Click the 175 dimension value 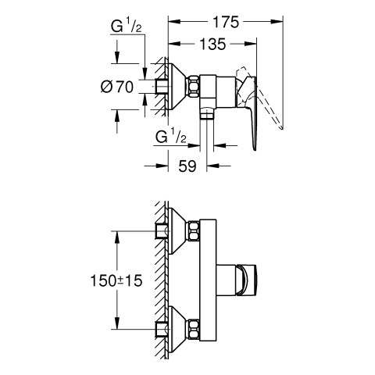pos(226,22)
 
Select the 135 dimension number pos(212,44)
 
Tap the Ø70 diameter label pos(117,87)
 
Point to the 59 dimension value pos(187,166)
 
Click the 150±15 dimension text pos(116,280)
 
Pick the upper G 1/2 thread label pos(127,26)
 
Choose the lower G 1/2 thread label pos(171,137)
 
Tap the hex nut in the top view pos(194,87)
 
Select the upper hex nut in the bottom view pos(194,230)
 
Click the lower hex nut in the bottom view pos(194,329)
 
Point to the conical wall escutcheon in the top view pos(177,87)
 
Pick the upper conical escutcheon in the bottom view pos(177,230)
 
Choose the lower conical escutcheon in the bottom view pos(177,329)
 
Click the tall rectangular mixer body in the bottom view pos(208,280)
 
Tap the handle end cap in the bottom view pos(247,280)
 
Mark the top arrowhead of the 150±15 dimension pos(117,237)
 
